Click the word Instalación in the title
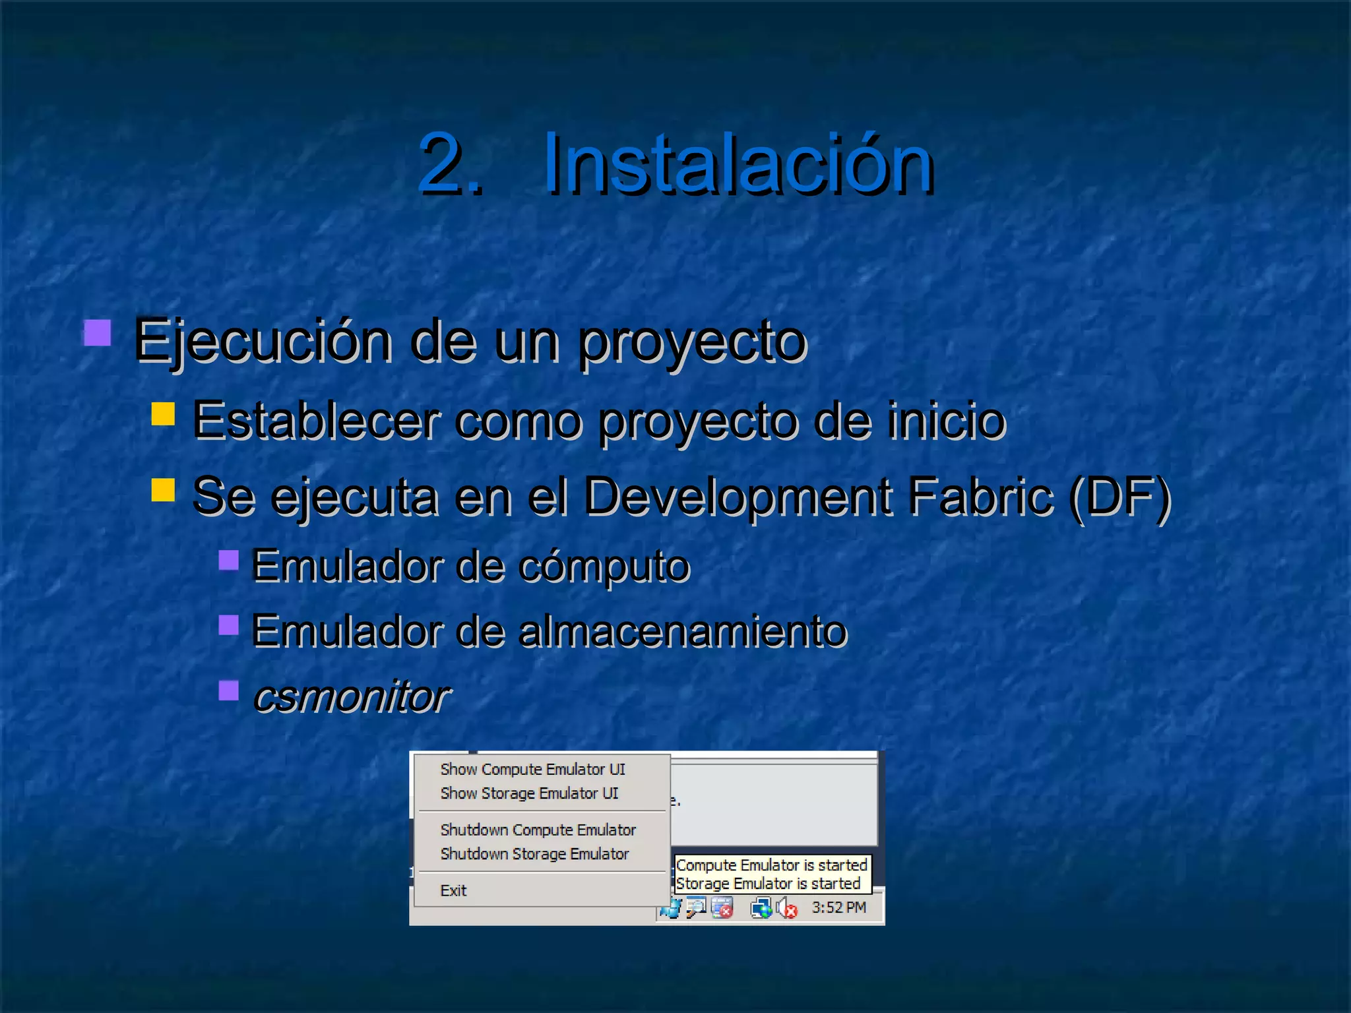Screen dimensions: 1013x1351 click(x=738, y=164)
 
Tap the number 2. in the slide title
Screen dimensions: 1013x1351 click(x=451, y=164)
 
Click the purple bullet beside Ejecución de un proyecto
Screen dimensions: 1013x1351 click(x=98, y=333)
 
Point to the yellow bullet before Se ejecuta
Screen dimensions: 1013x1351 click(x=163, y=490)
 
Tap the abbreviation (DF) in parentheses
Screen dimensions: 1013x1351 click(x=1120, y=496)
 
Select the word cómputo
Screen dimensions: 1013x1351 click(x=604, y=566)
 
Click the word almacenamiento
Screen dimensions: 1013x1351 click(x=683, y=631)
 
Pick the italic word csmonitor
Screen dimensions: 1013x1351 click(x=352, y=696)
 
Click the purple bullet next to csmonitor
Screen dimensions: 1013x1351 click(x=228, y=691)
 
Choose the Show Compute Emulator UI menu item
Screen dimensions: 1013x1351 click(x=532, y=770)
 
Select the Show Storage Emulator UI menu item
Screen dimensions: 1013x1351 click(x=529, y=793)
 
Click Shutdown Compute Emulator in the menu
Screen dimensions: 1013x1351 click(x=538, y=830)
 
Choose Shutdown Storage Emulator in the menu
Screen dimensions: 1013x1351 click(x=534, y=854)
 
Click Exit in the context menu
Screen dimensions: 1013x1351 click(x=453, y=891)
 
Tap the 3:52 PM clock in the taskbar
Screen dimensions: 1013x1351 click(x=838, y=908)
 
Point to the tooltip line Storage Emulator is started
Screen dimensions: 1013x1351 click(x=768, y=884)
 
